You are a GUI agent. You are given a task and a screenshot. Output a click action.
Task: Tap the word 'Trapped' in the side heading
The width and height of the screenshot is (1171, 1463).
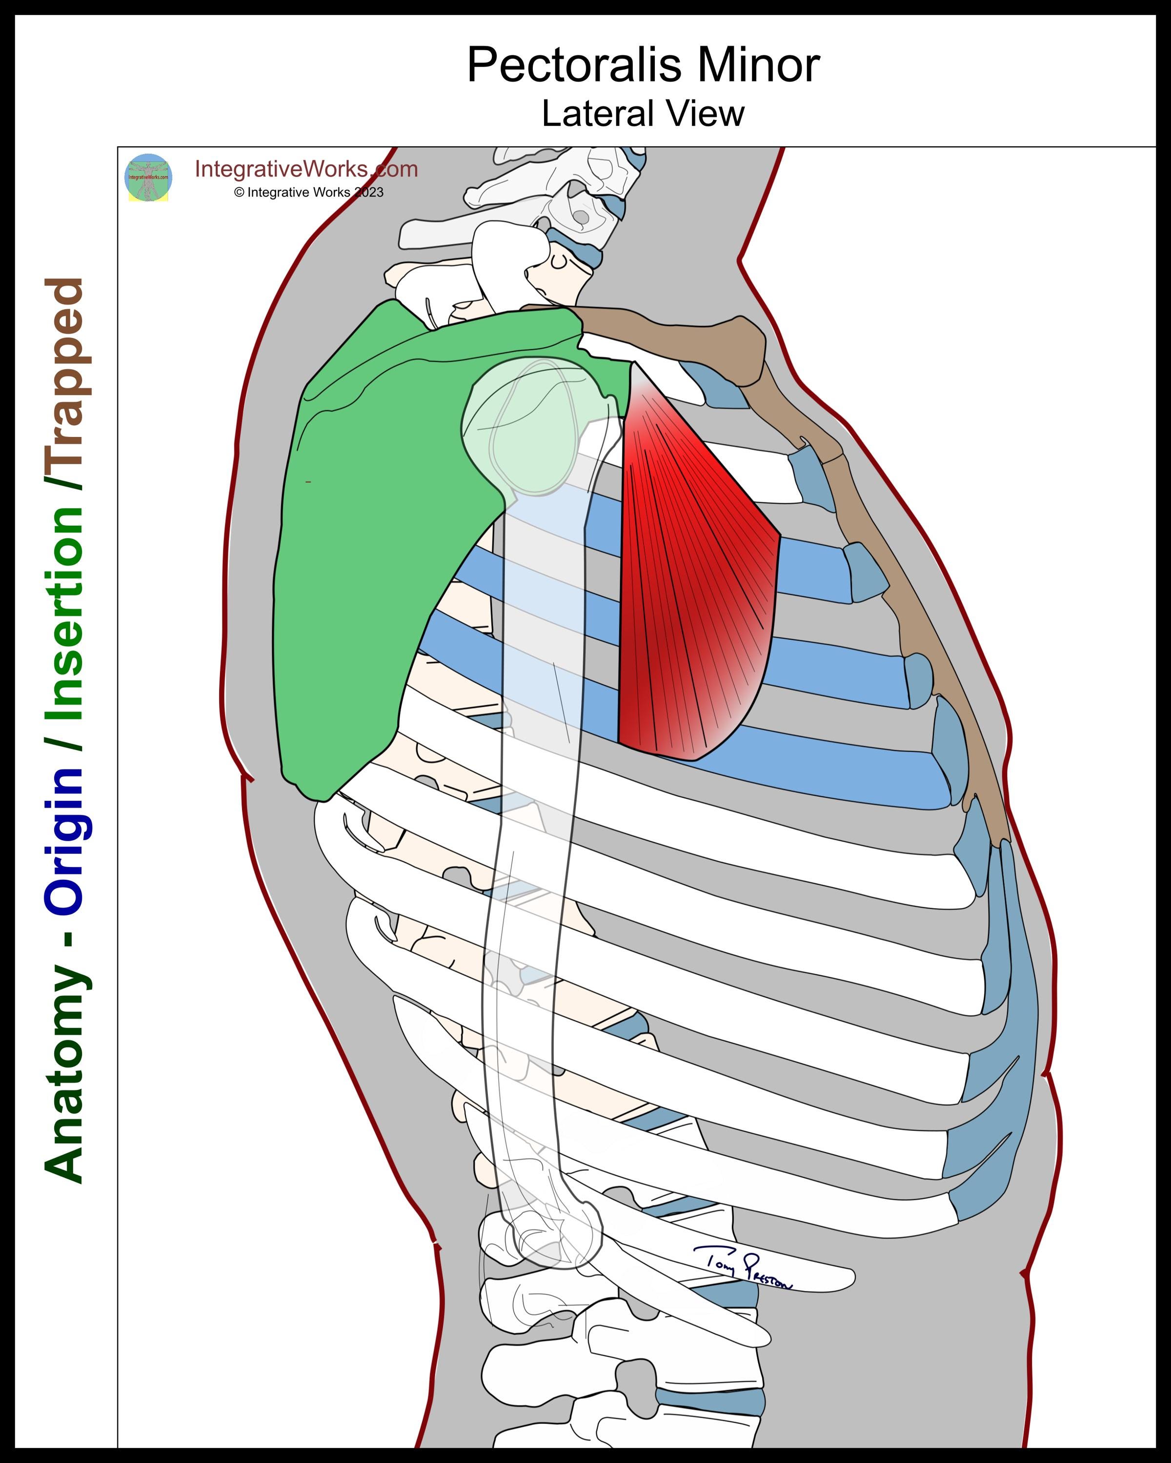tap(64, 383)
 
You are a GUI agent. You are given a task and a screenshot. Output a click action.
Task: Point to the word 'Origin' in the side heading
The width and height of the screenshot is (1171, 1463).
tap(64, 841)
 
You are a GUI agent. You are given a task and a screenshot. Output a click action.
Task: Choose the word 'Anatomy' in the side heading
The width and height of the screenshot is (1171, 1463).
tap(64, 1072)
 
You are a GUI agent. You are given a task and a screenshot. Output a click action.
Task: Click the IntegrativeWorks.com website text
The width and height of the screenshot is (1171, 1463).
tap(306, 169)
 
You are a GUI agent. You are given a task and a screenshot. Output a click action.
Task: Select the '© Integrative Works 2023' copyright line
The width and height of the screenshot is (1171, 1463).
tap(309, 193)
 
